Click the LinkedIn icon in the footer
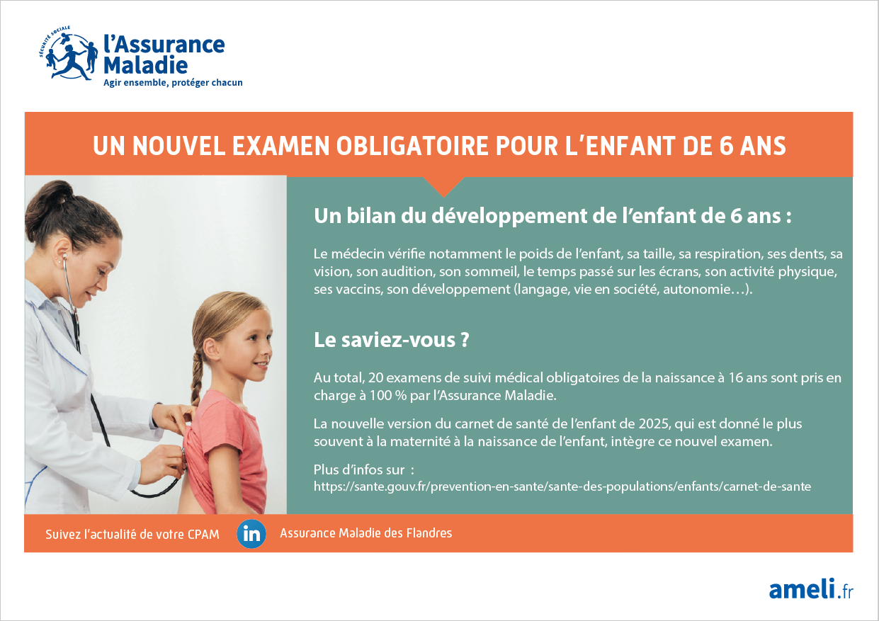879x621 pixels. pos(251,533)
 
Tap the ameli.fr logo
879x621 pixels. pos(811,589)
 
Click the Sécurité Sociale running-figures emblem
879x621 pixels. pos(69,53)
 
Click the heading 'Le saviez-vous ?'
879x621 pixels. pos(391,340)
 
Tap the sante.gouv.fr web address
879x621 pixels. pos(562,486)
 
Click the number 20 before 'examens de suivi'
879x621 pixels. pos(375,377)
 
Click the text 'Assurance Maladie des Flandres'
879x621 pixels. pos(365,533)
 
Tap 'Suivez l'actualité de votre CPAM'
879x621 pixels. pos(132,535)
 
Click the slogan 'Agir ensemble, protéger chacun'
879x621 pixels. pos(173,83)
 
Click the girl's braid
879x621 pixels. pos(197,377)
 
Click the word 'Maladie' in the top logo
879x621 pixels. pos(146,65)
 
